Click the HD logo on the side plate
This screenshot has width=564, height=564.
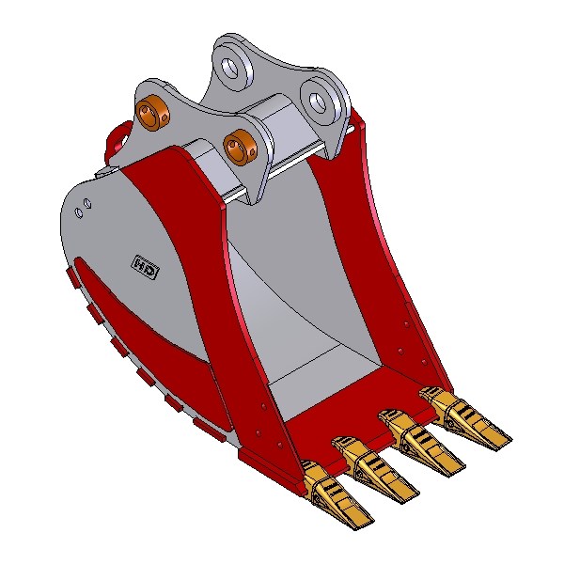coord(147,268)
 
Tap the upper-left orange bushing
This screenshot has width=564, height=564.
coord(153,112)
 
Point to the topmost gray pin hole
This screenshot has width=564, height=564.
coord(231,68)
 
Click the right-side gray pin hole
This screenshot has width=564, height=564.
coord(318,102)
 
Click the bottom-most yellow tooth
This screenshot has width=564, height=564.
coord(336,492)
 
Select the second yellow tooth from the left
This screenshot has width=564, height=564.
coord(374,467)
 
